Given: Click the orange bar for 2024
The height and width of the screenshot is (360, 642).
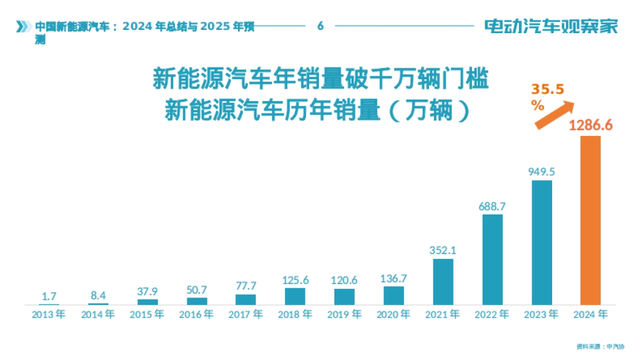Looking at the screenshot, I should [x=591, y=220].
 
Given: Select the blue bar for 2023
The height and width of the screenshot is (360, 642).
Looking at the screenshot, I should [x=541, y=242].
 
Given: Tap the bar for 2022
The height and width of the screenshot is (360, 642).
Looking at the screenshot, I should [x=492, y=259].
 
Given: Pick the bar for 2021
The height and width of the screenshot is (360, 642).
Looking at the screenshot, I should [x=443, y=282].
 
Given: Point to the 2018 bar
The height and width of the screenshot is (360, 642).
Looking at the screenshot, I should [x=295, y=296].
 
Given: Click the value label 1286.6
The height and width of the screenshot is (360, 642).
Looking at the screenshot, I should [x=590, y=126].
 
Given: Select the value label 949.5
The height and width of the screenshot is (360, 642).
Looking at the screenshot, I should [x=541, y=172].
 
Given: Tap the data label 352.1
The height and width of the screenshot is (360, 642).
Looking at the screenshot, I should [x=443, y=250].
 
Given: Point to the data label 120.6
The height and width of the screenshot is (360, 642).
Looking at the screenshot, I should [x=344, y=280].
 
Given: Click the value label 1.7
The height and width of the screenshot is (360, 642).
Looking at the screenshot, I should [x=49, y=296].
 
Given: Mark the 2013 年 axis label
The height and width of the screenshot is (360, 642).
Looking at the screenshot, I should [x=49, y=315].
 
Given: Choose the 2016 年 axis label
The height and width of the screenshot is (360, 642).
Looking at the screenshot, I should [x=196, y=315].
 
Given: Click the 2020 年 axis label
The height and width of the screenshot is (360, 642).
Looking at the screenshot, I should [x=393, y=315].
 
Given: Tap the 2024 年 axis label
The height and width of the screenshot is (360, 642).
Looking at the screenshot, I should [x=591, y=315].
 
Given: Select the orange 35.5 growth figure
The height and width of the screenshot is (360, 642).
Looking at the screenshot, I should [x=547, y=89].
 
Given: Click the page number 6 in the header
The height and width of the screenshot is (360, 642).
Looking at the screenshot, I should [x=320, y=26].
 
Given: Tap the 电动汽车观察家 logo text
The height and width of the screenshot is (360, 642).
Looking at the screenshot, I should [x=551, y=26].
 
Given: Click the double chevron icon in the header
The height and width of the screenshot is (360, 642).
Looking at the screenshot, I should [x=22, y=26].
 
